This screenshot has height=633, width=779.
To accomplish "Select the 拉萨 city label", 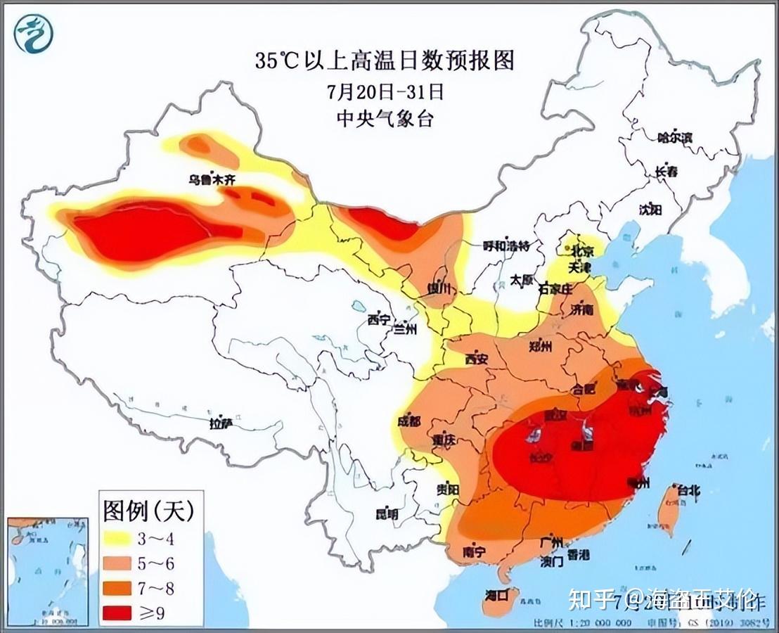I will click(x=220, y=423).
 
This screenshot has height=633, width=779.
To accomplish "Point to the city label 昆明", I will click(x=387, y=514).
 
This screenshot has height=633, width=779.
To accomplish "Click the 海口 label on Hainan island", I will click(x=498, y=596).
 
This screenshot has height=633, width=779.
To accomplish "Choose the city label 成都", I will click(x=408, y=422).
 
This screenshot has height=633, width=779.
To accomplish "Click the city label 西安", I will click(x=476, y=359).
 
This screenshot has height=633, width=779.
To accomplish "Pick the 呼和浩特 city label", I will click(x=506, y=246).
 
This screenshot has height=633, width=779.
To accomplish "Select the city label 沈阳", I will click(x=650, y=209).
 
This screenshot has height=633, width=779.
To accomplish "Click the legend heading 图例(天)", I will click(x=148, y=510).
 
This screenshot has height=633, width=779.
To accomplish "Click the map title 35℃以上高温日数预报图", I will click(x=385, y=60).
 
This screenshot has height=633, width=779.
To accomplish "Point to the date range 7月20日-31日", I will click(x=385, y=91).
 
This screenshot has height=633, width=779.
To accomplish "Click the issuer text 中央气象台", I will click(x=385, y=119).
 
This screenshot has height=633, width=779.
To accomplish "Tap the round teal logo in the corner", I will click(x=33, y=34).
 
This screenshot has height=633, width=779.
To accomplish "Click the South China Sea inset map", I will click(x=48, y=571).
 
